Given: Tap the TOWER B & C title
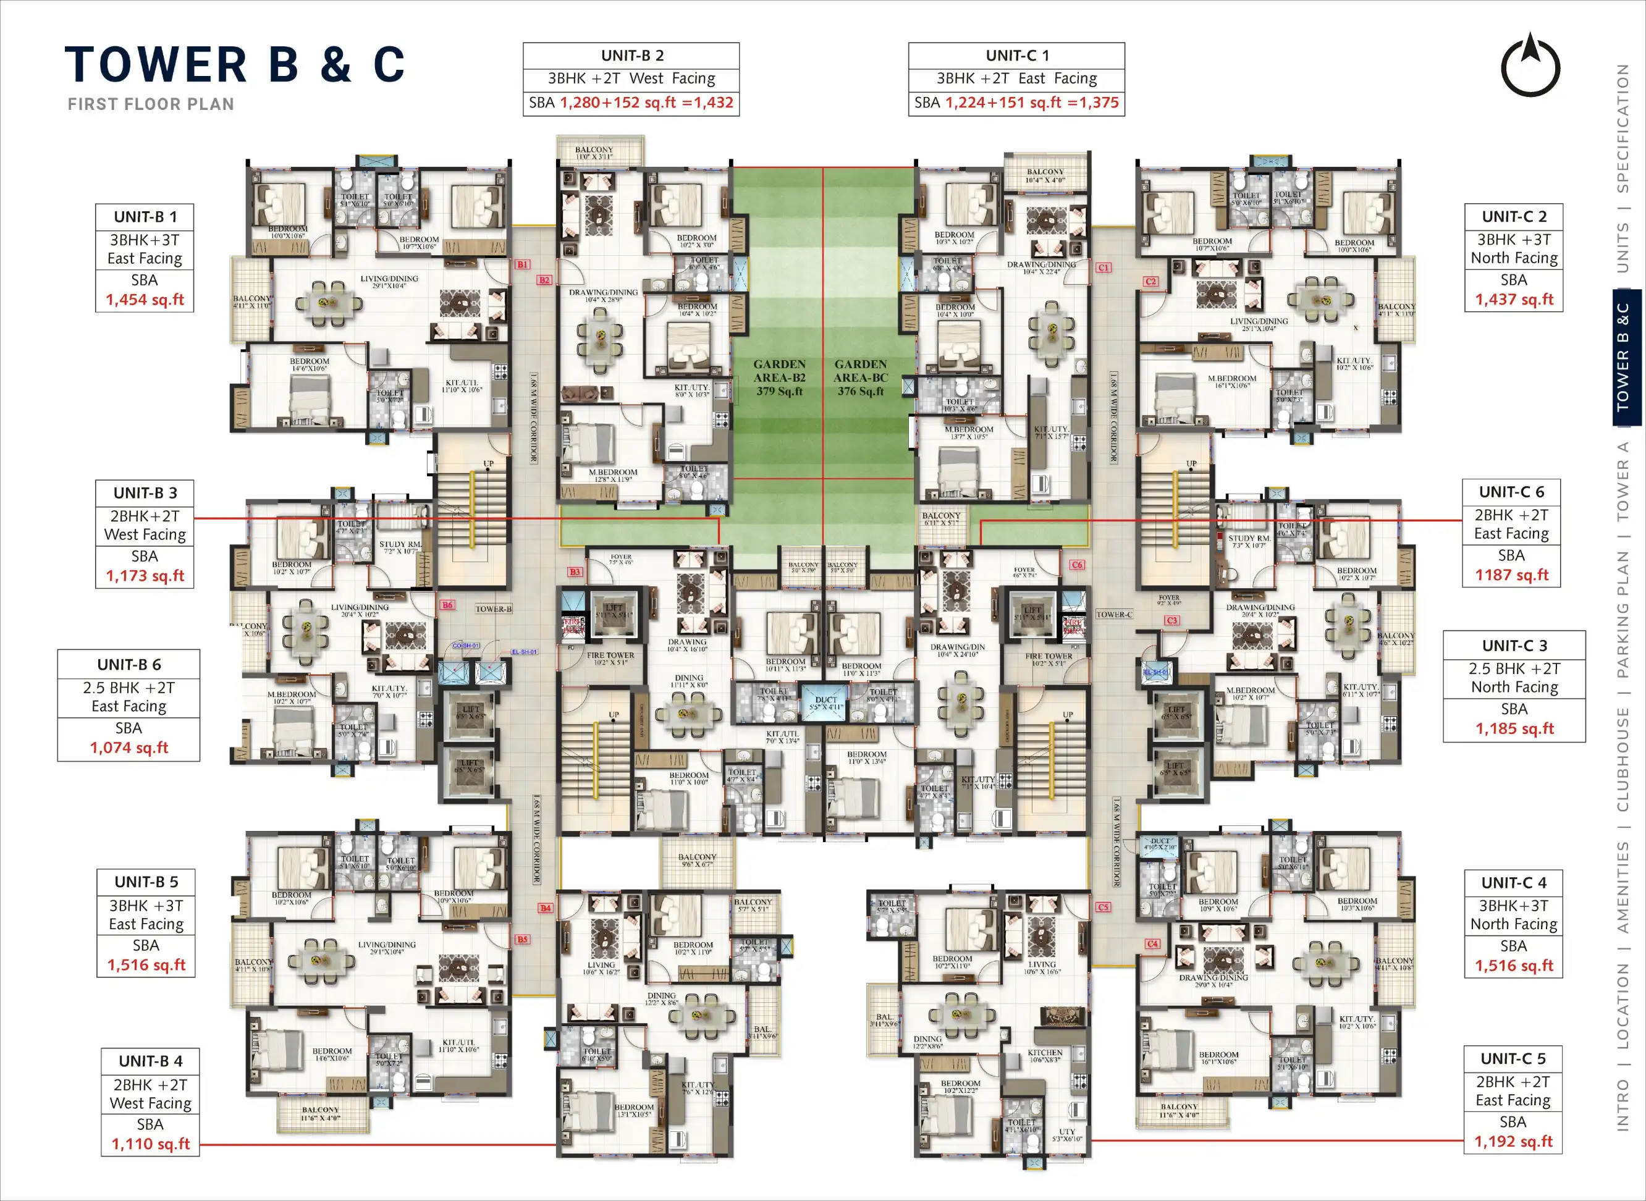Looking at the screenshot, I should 234,65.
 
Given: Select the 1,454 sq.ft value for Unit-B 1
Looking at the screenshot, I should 145,300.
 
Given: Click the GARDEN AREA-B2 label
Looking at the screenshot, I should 779,377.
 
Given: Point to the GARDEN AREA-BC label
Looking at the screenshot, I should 861,377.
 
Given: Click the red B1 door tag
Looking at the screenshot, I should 522,264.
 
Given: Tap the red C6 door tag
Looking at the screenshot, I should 1077,565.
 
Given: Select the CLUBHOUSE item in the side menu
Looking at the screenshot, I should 1623,759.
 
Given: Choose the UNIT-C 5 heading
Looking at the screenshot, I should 1513,1058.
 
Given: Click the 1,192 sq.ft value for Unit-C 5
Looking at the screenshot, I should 1513,1142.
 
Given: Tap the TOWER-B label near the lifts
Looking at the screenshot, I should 494,609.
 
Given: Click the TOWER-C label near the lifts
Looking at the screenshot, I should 1114,614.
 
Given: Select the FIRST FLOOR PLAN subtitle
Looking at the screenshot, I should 151,104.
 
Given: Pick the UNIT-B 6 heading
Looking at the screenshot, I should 129,665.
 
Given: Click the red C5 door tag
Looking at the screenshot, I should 1103,908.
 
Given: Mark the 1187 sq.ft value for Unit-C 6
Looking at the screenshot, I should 1511,575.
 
